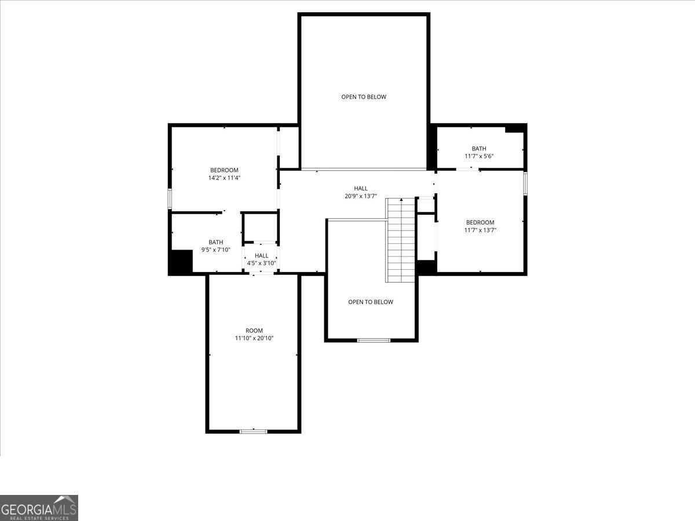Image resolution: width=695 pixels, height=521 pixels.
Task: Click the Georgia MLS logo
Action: [39, 508]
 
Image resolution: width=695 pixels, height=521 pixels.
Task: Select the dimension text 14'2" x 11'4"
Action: [224, 178]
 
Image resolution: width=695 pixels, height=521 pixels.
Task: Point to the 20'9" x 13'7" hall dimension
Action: [361, 196]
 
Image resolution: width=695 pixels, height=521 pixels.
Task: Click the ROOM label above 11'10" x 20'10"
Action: [254, 331]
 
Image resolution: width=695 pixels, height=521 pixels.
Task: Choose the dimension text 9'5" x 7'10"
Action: [215, 250]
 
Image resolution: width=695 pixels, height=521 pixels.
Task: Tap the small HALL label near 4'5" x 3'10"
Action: [262, 255]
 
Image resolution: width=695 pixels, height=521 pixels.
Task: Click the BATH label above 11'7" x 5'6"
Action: [479, 148]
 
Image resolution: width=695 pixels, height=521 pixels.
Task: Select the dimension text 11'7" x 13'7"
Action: [480, 230]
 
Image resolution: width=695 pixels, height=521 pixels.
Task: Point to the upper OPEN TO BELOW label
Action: [364, 97]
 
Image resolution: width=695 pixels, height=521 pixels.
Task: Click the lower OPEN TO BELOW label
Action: [371, 302]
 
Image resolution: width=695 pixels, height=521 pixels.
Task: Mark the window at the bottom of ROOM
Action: [253, 431]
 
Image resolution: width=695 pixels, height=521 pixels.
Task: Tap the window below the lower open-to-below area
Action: [374, 340]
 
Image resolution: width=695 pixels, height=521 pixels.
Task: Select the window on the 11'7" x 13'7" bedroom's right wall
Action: [525, 184]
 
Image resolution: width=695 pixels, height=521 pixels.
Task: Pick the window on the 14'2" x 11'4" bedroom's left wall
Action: [170, 199]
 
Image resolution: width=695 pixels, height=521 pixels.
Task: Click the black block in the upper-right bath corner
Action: [514, 129]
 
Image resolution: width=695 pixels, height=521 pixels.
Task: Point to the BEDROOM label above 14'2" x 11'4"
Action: [224, 170]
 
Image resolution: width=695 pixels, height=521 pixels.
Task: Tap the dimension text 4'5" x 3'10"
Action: [262, 263]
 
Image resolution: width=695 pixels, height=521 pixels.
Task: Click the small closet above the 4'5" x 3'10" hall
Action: [261, 228]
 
